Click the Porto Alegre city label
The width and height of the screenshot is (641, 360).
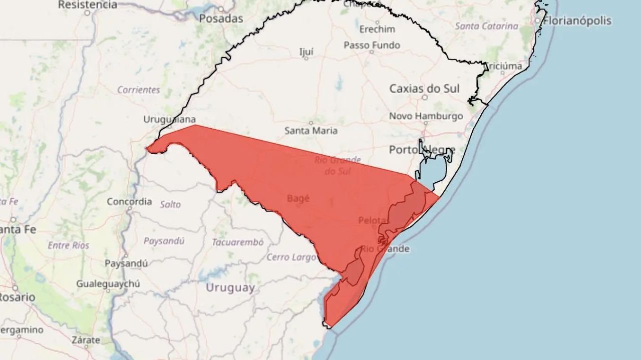(x=422, y=150)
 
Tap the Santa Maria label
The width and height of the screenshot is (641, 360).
(x=311, y=131)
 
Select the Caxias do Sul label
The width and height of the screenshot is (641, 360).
(x=424, y=89)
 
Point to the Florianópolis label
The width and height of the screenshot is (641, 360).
(x=577, y=21)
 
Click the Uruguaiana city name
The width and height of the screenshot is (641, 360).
(x=170, y=119)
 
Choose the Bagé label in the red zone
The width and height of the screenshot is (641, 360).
(x=298, y=198)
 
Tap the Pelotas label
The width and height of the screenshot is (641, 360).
(x=374, y=220)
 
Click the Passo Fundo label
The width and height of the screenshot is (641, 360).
(x=372, y=45)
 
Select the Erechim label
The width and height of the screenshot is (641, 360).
(x=377, y=29)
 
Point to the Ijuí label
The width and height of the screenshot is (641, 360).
(x=306, y=52)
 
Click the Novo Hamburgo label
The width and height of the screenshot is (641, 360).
(x=426, y=116)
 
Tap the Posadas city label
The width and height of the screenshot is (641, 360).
(x=221, y=19)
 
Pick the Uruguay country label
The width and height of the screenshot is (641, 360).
(x=230, y=288)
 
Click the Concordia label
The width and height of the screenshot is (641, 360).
(x=129, y=201)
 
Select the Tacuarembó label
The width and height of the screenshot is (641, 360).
(x=237, y=242)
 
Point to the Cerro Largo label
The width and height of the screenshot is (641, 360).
(x=291, y=257)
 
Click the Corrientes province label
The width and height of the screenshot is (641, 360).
(x=139, y=90)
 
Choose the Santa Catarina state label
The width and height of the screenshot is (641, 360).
(x=486, y=26)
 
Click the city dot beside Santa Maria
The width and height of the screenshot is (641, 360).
(x=310, y=122)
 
